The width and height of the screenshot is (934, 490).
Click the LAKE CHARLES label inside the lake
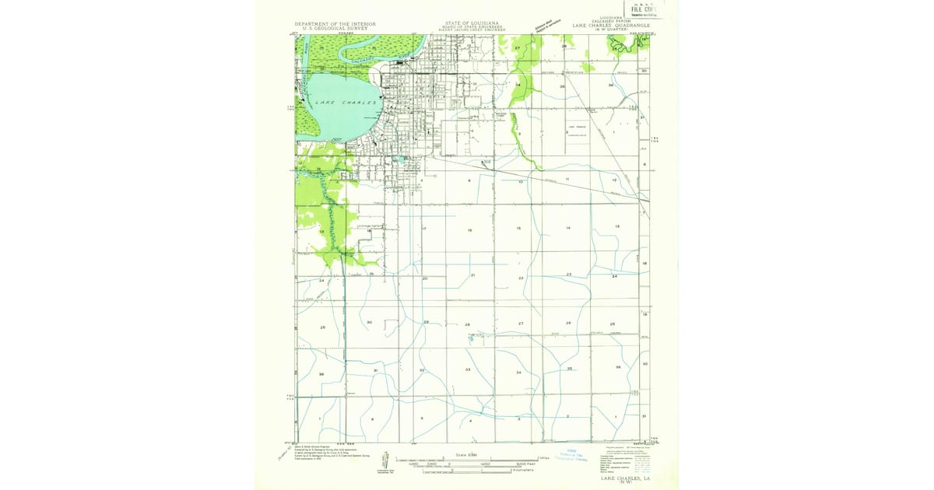[x=346, y=103]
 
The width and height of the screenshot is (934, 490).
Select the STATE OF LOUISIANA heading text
[x=472, y=24]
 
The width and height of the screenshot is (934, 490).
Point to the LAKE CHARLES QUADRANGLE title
[x=610, y=25]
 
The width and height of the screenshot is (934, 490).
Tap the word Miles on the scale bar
[x=544, y=458]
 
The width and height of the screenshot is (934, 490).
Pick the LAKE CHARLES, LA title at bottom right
[x=623, y=479]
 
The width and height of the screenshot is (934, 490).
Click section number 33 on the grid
[x=468, y=369]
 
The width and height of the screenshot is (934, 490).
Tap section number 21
[x=473, y=275]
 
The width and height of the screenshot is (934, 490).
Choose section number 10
[x=521, y=181]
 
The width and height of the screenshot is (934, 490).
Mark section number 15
[x=518, y=228]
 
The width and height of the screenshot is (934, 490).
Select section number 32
[x=422, y=370]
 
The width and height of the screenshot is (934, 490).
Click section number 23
[x=569, y=275]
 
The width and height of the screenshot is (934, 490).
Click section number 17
[x=424, y=229]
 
